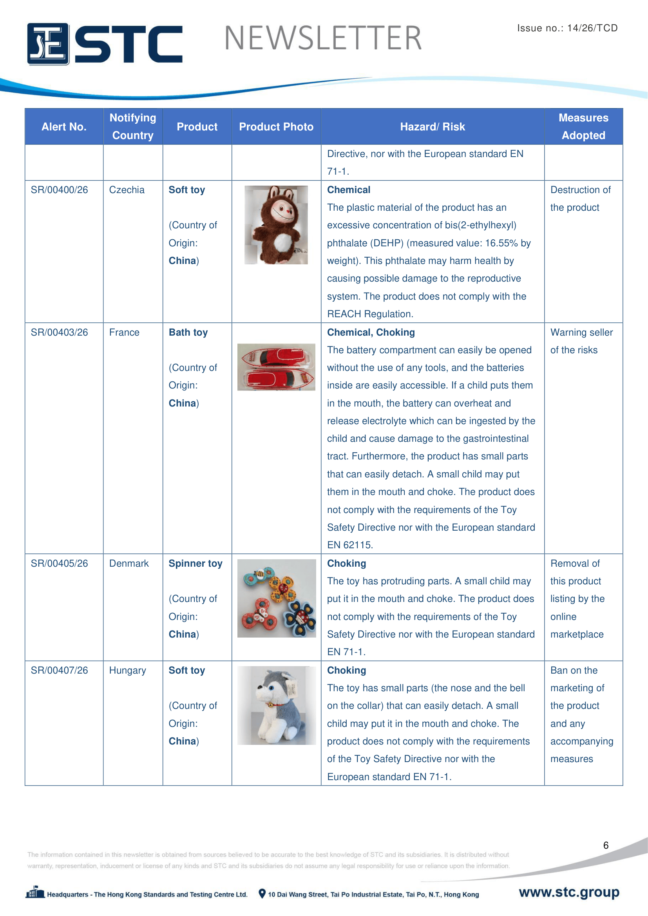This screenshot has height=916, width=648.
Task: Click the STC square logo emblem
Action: (48, 44)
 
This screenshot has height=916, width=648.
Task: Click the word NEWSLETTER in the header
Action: (323, 38)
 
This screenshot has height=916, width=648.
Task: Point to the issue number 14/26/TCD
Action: (592, 28)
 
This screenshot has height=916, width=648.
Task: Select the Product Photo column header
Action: (276, 127)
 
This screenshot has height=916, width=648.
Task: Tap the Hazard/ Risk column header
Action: (433, 127)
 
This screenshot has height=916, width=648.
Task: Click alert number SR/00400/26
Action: (60, 190)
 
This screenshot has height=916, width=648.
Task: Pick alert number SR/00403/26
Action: (60, 332)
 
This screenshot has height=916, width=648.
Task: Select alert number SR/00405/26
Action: (60, 563)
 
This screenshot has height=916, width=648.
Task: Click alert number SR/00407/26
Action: (60, 670)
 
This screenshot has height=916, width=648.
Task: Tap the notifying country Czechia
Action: (127, 190)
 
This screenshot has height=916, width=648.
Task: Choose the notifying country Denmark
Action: (129, 563)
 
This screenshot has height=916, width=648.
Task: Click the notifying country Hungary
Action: (128, 670)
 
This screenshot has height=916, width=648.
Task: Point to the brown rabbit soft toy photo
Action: (276, 225)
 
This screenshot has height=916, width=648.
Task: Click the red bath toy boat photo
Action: (276, 367)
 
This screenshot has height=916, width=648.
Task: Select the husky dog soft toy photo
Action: (276, 705)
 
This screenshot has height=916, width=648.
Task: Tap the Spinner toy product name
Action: (195, 563)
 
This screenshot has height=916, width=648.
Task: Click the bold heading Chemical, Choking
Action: (371, 332)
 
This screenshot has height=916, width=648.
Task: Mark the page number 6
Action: (606, 845)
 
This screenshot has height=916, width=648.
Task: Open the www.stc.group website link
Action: (569, 892)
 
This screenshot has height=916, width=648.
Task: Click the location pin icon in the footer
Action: (262, 894)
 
